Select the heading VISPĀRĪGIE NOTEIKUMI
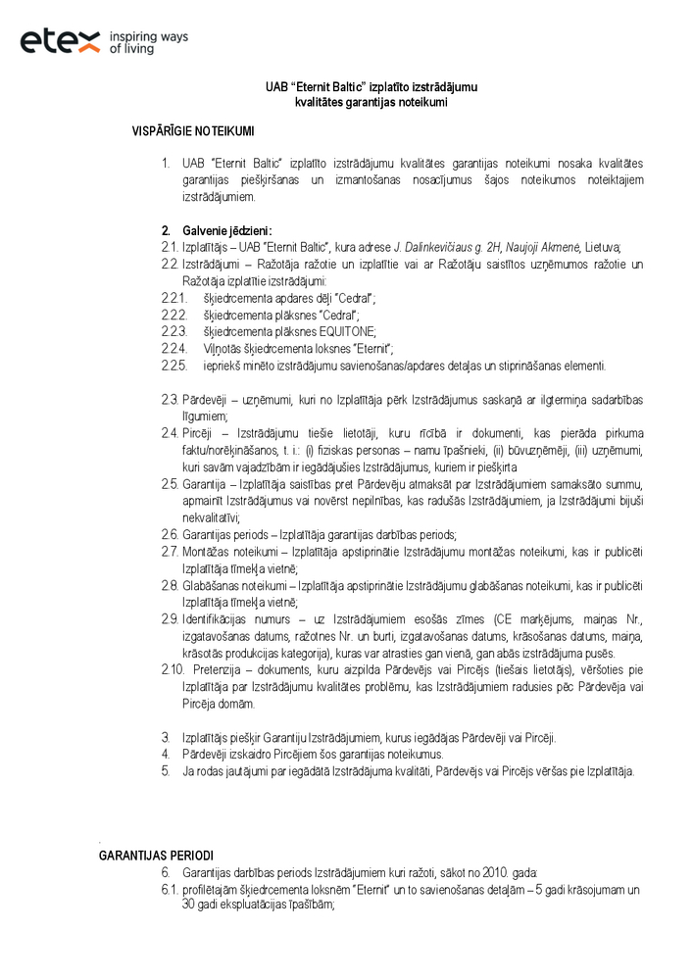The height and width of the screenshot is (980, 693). (193, 129)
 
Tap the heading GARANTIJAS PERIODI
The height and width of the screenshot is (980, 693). (156, 856)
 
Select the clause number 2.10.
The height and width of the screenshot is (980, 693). (173, 668)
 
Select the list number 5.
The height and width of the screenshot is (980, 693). (166, 770)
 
